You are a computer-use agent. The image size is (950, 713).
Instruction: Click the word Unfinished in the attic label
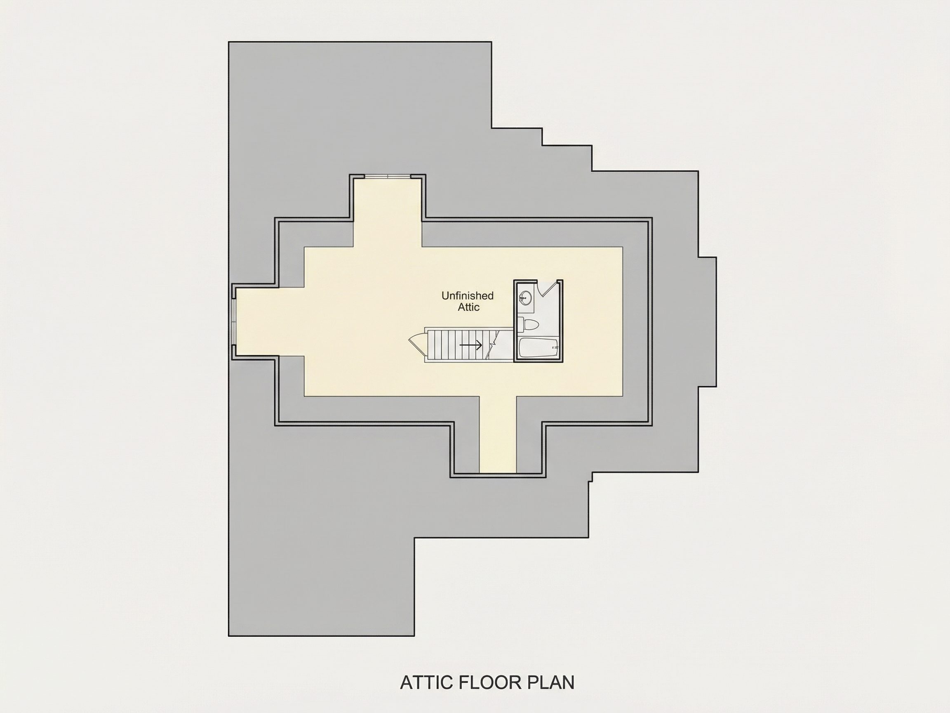467,296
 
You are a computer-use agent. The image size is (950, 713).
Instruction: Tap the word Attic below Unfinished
468,307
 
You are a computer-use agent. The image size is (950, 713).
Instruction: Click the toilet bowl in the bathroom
531,324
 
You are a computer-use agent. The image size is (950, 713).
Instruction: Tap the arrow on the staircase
471,345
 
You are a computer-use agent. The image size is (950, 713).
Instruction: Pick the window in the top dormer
388,176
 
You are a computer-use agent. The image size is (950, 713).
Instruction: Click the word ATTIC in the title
427,682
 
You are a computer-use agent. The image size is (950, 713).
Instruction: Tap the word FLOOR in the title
489,682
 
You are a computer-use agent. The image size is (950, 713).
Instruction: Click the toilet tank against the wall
520,324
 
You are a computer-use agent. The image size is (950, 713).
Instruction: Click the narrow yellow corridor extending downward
498,434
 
